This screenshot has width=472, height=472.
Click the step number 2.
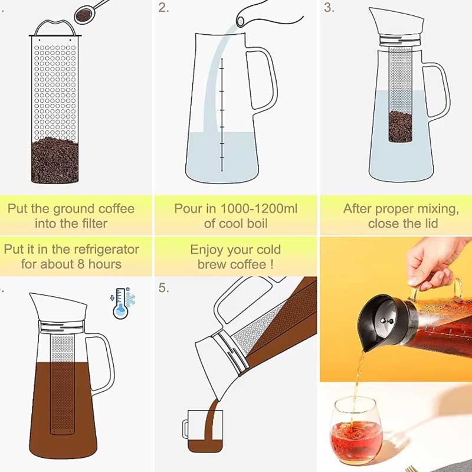click(164, 8)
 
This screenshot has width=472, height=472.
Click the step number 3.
click(329, 8)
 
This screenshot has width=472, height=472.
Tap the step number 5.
click(164, 289)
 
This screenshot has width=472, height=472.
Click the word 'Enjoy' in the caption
click(206, 250)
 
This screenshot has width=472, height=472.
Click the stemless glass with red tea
click(356, 428)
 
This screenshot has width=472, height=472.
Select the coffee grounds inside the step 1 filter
click(54, 159)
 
